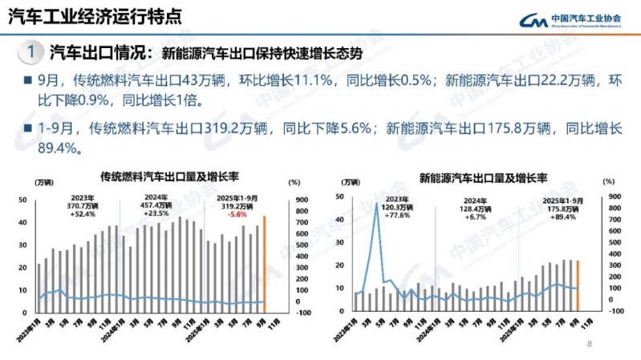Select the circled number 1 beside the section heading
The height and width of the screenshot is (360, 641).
click(29, 53)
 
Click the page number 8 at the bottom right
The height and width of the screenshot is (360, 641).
click(590, 345)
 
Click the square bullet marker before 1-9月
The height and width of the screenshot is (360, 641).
click(27, 129)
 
